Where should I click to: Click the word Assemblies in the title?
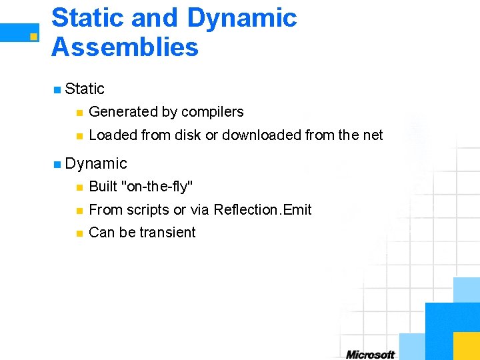coord(125,47)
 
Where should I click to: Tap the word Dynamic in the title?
coord(242,18)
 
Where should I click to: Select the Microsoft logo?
coord(370,354)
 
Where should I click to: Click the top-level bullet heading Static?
coord(85,89)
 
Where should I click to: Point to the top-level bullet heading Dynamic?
coord(96,163)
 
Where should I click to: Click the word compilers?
coord(212,112)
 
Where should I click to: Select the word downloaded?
coord(261,135)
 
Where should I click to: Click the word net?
coord(373,135)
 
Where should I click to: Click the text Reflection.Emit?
coord(262,209)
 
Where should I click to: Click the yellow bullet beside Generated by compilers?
coord(79,113)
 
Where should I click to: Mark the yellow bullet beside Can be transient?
coord(79,233)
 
